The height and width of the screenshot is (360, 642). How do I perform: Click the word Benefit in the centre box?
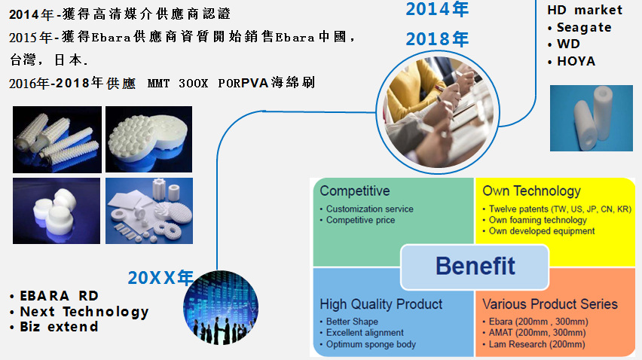click(x=475, y=266)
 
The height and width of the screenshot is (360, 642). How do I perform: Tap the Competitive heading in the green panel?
click(x=355, y=191)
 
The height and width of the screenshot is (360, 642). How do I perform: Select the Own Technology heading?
click(x=531, y=191)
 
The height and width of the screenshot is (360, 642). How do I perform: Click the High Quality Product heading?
click(x=381, y=304)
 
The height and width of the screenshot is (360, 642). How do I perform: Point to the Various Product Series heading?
click(x=550, y=304)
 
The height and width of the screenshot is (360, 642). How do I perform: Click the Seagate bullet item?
click(x=579, y=27)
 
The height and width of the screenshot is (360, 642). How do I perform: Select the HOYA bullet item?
click(x=572, y=61)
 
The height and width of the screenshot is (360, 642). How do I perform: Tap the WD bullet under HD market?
click(x=564, y=44)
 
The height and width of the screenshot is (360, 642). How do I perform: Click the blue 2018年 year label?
click(x=437, y=39)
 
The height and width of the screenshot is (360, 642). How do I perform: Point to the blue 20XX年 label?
click(x=160, y=278)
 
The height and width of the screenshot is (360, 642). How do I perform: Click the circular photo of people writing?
click(x=438, y=112)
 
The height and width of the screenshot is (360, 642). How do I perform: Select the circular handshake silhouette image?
click(x=221, y=307)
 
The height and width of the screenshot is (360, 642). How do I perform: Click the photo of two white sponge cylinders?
click(x=592, y=118)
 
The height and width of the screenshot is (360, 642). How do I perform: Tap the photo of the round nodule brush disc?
click(x=148, y=139)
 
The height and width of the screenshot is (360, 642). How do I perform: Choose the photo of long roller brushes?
click(x=57, y=139)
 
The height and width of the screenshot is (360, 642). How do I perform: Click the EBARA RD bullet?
click(x=54, y=296)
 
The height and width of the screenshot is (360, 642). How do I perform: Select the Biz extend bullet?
click(x=54, y=327)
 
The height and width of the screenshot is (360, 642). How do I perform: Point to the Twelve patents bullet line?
click(x=557, y=209)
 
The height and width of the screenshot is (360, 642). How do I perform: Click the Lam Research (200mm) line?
click(x=534, y=344)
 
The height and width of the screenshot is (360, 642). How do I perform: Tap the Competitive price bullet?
click(x=357, y=220)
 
